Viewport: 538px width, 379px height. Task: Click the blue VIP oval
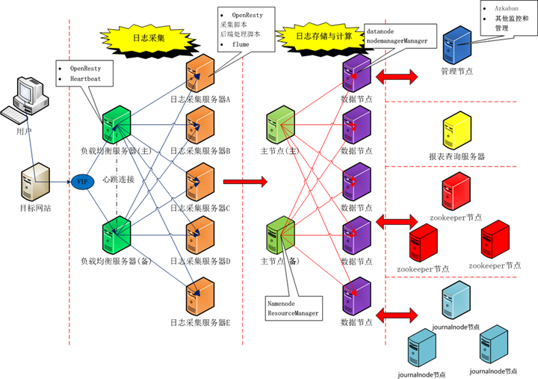(x=82, y=182)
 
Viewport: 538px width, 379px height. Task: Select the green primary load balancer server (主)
(x=117, y=124)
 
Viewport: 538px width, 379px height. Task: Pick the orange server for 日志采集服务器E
(x=200, y=295)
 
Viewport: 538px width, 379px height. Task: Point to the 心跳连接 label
(x=119, y=179)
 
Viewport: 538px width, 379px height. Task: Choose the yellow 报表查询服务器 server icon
(x=457, y=132)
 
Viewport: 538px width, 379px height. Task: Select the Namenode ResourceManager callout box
(x=293, y=308)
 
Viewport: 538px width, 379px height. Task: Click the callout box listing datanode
(x=397, y=36)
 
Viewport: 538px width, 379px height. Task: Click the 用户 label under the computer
(x=24, y=132)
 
